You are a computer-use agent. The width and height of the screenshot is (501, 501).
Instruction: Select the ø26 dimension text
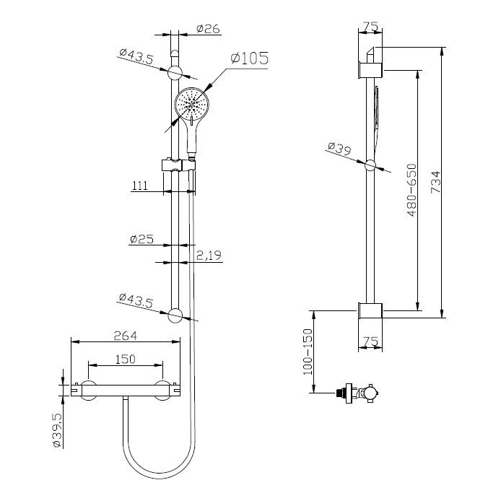(207, 30)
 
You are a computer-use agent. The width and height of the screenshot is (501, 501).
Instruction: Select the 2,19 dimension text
(209, 255)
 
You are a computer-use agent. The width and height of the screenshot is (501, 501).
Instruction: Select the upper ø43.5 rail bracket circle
(175, 72)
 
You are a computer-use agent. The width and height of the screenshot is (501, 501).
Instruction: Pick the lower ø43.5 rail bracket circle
(175, 315)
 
